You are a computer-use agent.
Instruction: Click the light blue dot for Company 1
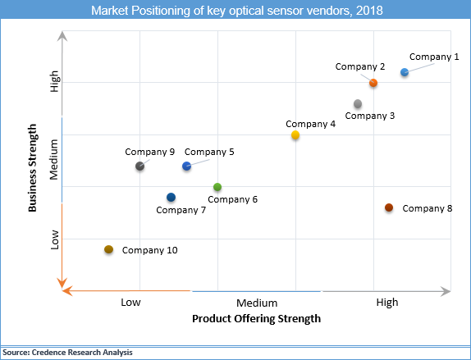pos(405,72)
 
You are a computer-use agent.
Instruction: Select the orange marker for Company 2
pos(373,83)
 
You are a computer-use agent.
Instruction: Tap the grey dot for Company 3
pos(358,103)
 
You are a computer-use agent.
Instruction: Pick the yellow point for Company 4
pos(295,135)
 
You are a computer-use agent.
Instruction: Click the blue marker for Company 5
pos(186,166)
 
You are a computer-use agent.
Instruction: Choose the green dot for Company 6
pos(217,188)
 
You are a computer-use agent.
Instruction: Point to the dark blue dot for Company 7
pos(171,198)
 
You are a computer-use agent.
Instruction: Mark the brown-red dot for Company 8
pos(389,208)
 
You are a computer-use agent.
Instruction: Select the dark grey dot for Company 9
pos(139,166)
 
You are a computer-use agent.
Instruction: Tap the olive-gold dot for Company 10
pos(108,249)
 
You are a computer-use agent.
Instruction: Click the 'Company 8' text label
pos(428,208)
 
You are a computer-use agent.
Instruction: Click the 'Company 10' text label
pos(150,250)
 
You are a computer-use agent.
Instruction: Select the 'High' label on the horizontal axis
pos(387,303)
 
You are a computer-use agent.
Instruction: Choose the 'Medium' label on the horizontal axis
pos(257,303)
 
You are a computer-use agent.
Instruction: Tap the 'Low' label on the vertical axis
pos(55,239)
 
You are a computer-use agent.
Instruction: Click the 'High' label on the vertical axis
pos(55,82)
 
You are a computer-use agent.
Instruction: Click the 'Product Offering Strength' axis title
pos(256,318)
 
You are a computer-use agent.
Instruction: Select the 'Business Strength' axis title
pos(34,168)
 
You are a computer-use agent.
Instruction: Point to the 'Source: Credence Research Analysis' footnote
pos(67,352)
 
